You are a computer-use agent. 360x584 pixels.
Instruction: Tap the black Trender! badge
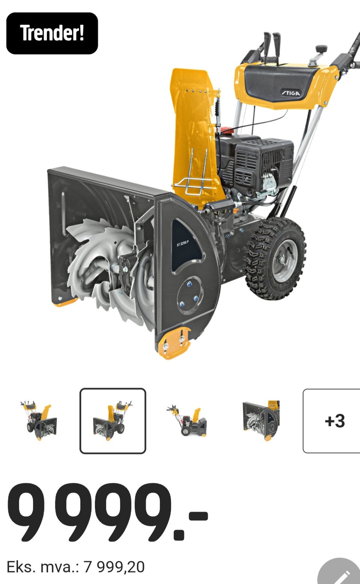click(x=52, y=33)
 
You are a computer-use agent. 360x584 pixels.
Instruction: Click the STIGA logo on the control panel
click(x=291, y=93)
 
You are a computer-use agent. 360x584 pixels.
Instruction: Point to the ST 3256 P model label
click(x=183, y=243)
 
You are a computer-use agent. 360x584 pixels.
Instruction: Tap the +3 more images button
click(x=331, y=421)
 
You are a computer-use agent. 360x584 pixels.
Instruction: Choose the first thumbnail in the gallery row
click(x=39, y=420)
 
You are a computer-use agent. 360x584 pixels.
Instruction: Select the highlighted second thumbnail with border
click(x=112, y=421)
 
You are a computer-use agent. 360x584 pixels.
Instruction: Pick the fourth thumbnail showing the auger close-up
click(x=261, y=420)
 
